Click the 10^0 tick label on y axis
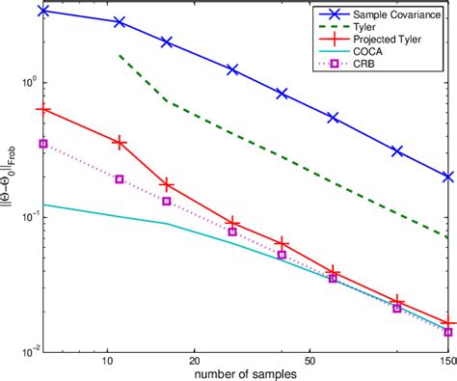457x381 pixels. [28, 82]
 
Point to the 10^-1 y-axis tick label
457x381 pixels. [28, 216]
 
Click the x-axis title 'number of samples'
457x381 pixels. [243, 371]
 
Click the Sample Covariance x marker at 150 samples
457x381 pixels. [447, 177]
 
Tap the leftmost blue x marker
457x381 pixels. [42, 11]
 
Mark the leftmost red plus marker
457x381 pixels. [42, 109]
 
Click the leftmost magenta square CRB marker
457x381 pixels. [42, 144]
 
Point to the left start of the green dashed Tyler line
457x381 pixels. [119, 56]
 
